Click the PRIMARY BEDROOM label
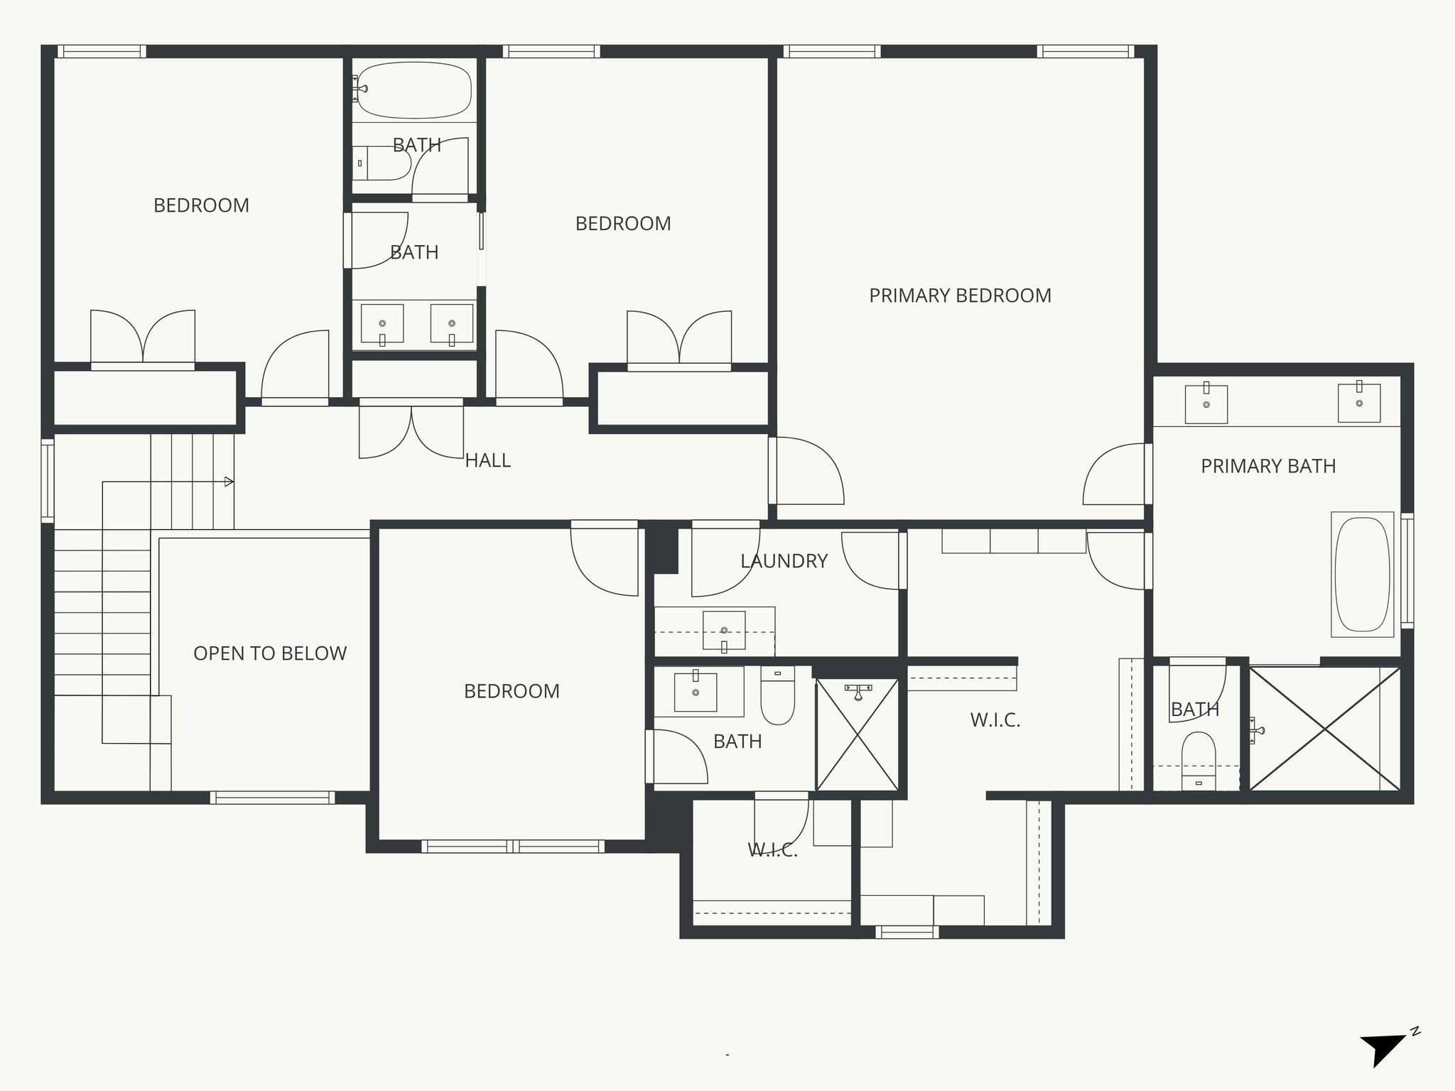[960, 295]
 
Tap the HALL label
[487, 460]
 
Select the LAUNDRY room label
[784, 561]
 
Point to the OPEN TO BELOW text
[270, 653]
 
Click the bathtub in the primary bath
[1362, 574]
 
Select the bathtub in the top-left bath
[413, 90]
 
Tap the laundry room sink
[724, 630]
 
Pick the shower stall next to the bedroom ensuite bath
[858, 735]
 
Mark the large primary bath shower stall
[1324, 729]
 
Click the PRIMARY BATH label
[1268, 467]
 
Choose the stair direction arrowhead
[229, 482]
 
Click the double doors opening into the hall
[411, 430]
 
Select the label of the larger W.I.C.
[995, 720]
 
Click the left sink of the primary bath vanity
[1206, 404]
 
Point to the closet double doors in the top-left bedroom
[143, 339]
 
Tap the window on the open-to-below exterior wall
[272, 798]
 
